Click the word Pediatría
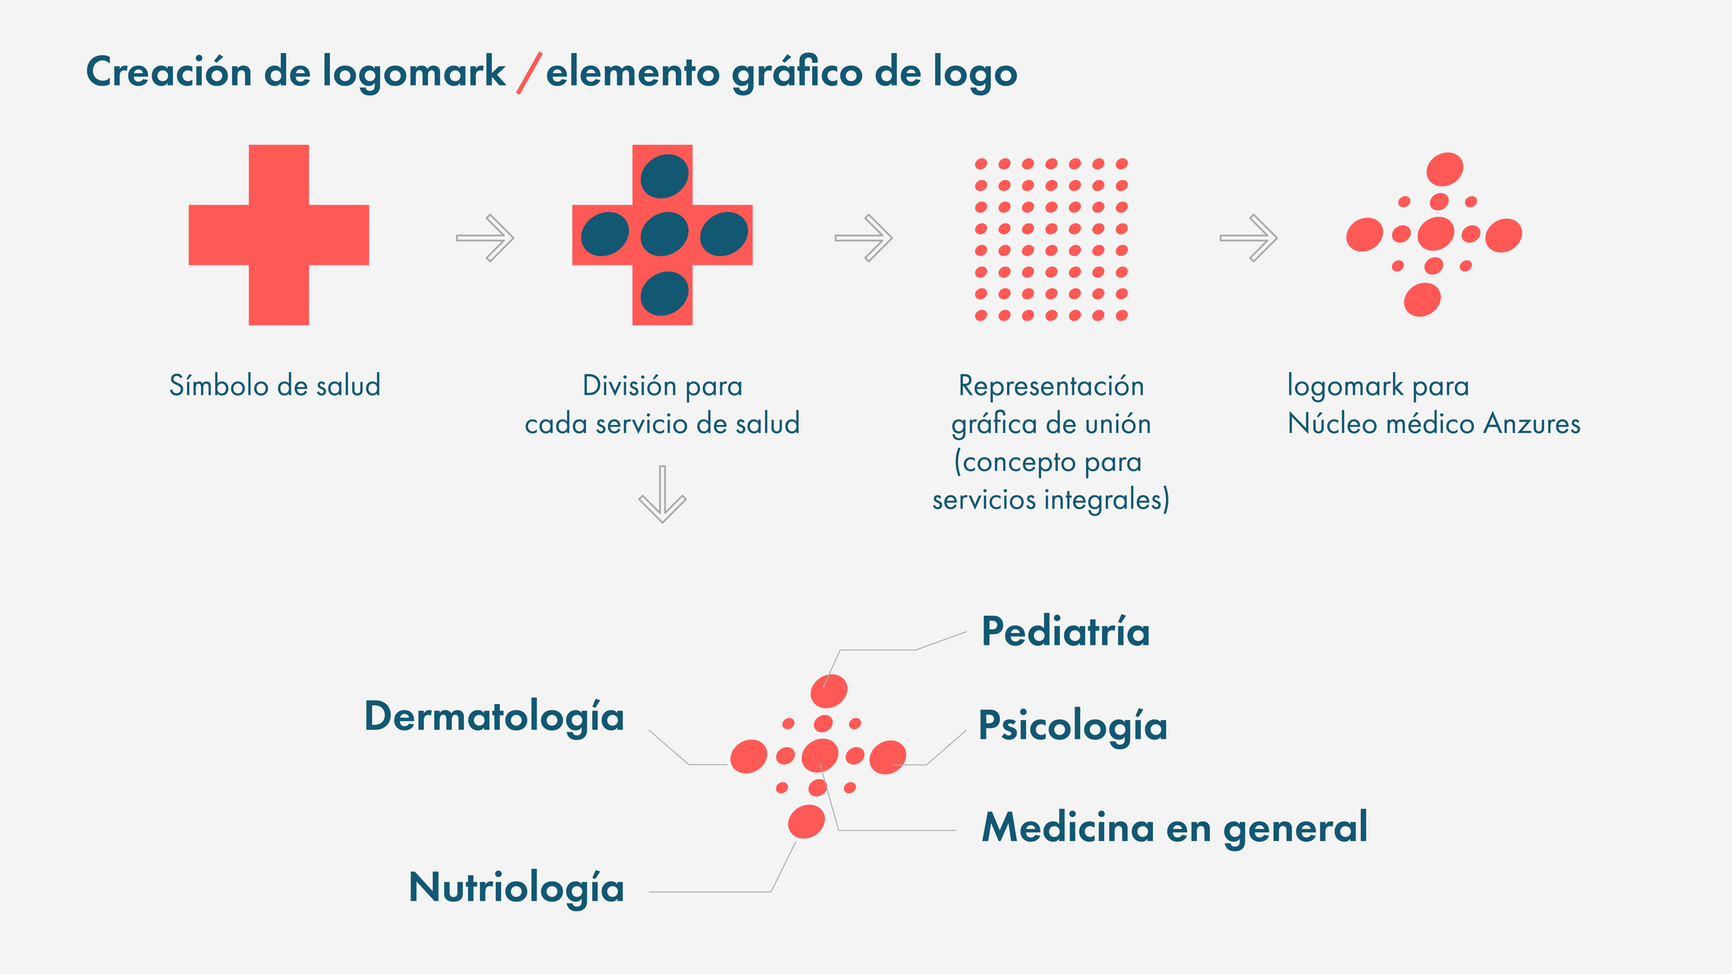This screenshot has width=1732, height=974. (1065, 632)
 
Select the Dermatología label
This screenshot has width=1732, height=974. (494, 717)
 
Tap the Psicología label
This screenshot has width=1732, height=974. (1073, 726)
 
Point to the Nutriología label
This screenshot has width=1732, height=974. (516, 888)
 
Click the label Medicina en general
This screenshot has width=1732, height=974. (1174, 827)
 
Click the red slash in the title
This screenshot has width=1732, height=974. (528, 72)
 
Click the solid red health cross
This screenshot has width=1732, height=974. (278, 235)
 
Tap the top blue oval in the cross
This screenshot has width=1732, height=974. (664, 176)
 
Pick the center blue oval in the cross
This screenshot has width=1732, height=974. (664, 234)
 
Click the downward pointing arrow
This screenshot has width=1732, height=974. (662, 494)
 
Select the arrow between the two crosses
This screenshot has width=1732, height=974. (485, 238)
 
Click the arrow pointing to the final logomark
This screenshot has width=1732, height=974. (1248, 238)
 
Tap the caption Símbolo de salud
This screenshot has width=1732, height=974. (274, 386)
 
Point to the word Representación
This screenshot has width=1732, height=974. (1051, 386)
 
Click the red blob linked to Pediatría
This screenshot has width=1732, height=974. (828, 691)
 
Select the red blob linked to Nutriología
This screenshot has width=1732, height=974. (806, 821)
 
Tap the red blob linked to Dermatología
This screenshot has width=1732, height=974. (748, 756)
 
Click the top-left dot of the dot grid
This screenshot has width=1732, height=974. (981, 163)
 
